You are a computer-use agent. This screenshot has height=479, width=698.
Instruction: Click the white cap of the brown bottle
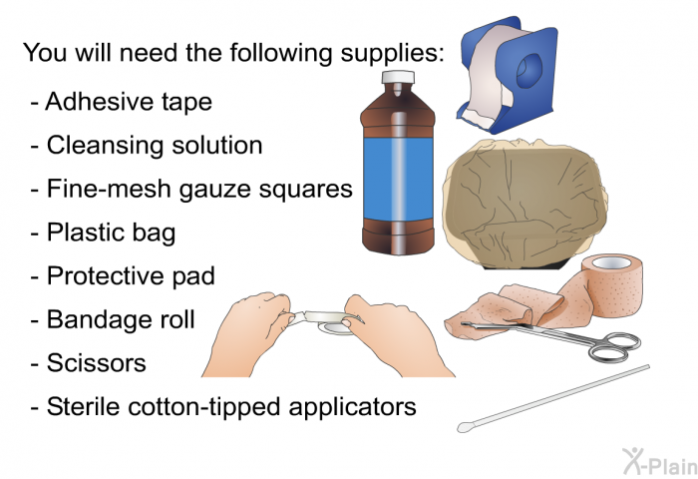click(398, 77)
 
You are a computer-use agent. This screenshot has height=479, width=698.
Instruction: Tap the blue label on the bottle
click(398, 178)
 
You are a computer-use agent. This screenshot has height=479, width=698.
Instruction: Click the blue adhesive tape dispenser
click(509, 75)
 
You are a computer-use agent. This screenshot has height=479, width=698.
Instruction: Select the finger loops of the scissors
click(615, 346)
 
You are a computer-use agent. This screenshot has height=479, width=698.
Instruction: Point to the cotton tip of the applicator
click(466, 427)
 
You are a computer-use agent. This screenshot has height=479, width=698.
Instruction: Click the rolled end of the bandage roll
click(612, 284)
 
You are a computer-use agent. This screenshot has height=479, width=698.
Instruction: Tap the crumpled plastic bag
click(525, 205)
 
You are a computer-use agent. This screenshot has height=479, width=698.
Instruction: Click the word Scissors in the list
click(96, 362)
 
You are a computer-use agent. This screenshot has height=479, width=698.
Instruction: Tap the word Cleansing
click(105, 147)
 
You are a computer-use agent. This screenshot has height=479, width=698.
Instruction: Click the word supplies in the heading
click(392, 54)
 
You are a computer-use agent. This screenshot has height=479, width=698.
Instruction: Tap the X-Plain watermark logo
click(659, 461)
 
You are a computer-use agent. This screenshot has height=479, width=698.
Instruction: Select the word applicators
click(352, 408)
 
